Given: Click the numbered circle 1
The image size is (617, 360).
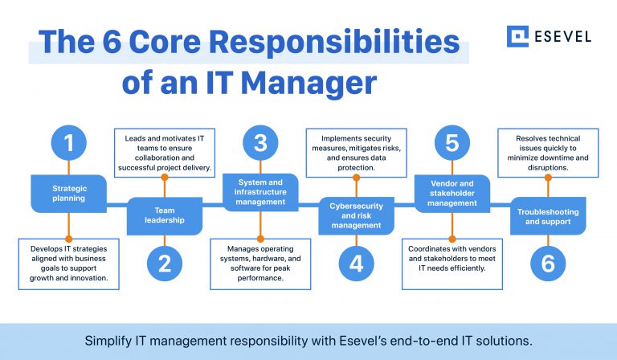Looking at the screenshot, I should pyautogui.click(x=68, y=144).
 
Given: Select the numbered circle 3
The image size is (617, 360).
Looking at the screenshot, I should pyautogui.click(x=259, y=144).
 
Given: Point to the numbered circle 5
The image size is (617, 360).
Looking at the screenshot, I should pyautogui.click(x=452, y=144).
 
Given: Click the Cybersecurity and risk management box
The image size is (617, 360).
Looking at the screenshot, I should pyautogui.click(x=356, y=216).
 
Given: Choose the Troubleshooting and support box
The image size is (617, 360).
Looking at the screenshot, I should pyautogui.click(x=547, y=216).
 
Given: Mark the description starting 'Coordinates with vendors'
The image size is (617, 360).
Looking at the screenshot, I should pyautogui.click(x=452, y=258).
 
